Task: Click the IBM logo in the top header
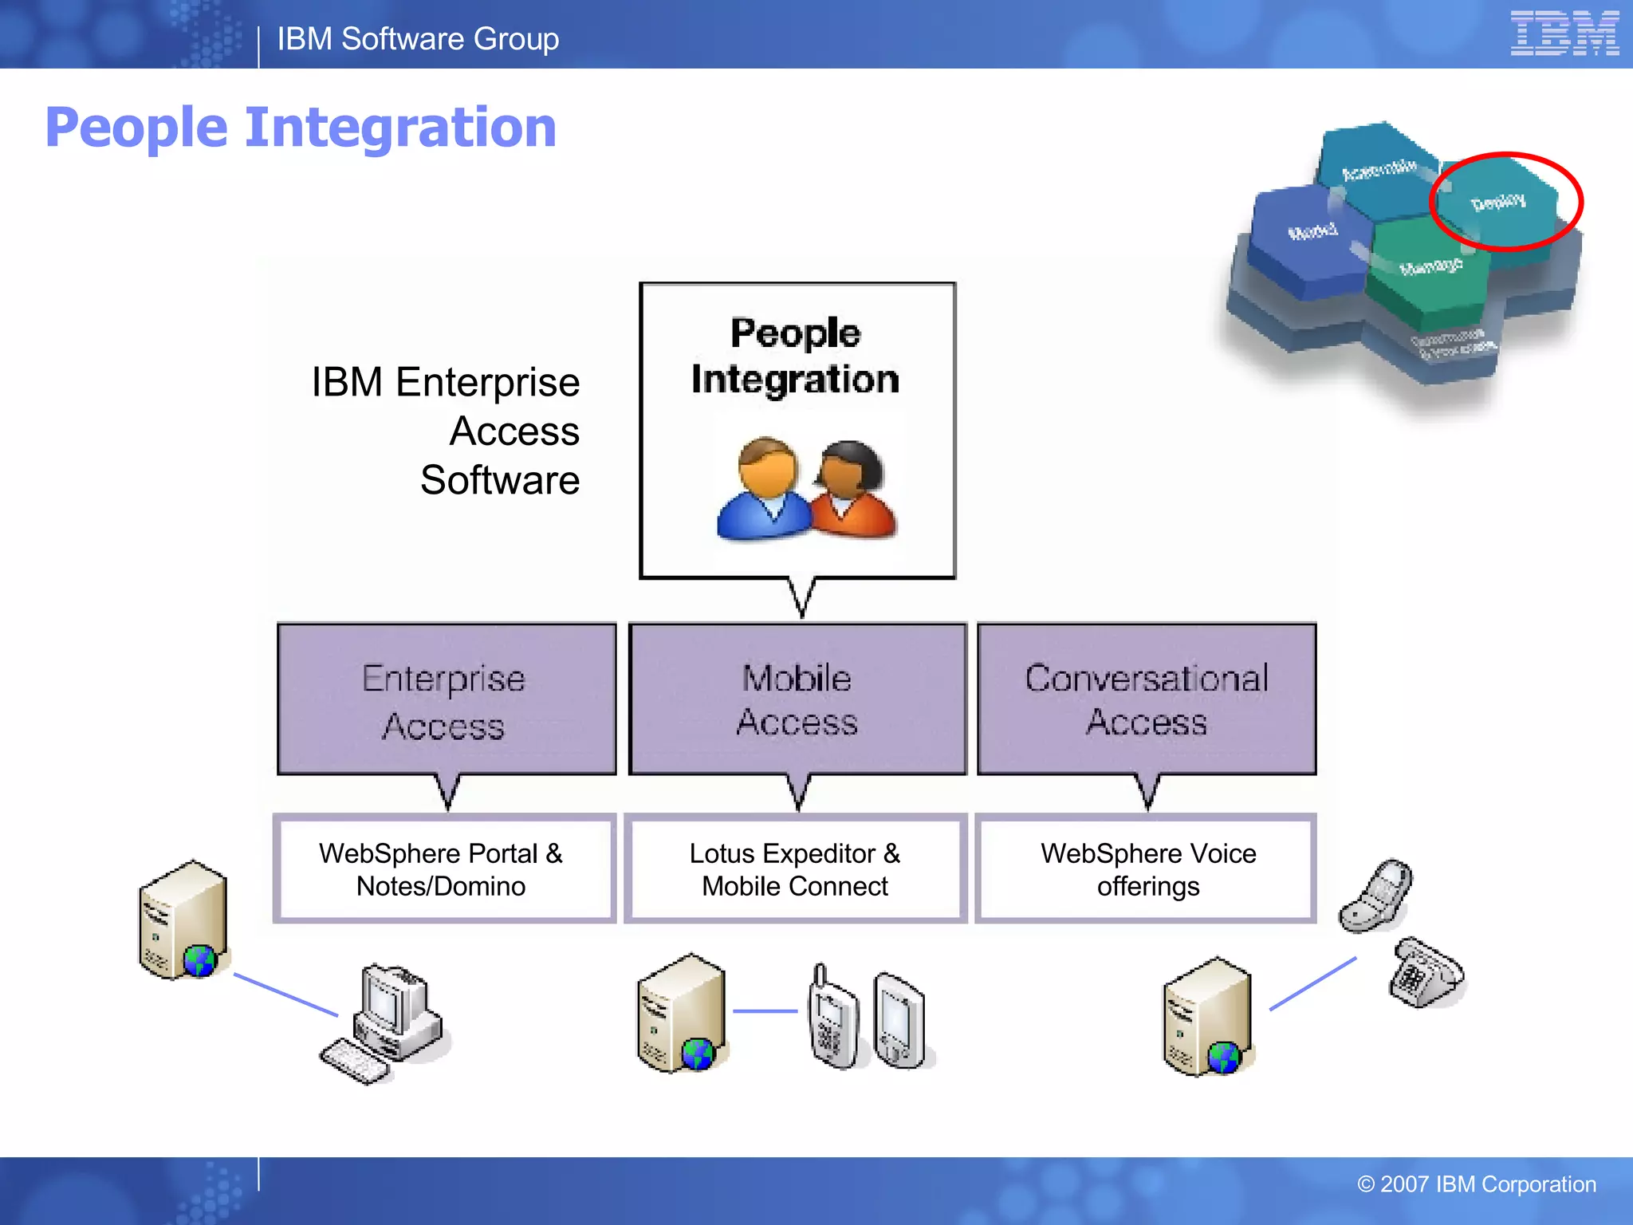coord(1564,33)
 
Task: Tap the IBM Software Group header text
coord(418,39)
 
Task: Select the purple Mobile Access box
coord(797,699)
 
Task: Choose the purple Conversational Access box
coord(1147,699)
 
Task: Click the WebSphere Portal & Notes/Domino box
coord(443,869)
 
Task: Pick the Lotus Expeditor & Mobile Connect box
coord(795,869)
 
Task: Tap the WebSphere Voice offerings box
coord(1147,869)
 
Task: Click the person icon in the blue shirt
coord(764,490)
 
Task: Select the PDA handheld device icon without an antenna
coord(899,1021)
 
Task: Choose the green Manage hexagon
coord(1430,271)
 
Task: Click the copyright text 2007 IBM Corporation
coord(1477,1184)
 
